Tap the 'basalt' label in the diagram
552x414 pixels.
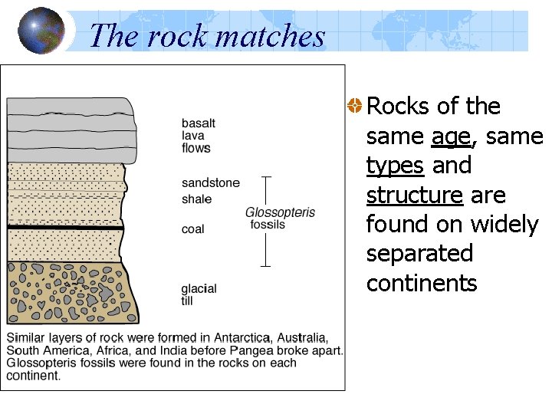pos(198,123)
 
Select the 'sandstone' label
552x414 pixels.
pos(210,182)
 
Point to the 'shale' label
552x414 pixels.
pos(196,199)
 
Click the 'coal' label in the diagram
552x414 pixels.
pos(192,228)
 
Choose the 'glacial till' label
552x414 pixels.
pos(199,294)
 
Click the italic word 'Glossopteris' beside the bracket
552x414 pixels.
pos(280,212)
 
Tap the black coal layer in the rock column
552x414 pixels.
pos(65,228)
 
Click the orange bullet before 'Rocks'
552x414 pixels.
pos(354,106)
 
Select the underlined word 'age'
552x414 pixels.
pos(450,136)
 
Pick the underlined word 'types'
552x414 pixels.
pos(396,166)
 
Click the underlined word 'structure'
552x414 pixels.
pos(414,195)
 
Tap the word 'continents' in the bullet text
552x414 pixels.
pos(421,283)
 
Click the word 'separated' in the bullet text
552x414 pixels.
pos(419,253)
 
